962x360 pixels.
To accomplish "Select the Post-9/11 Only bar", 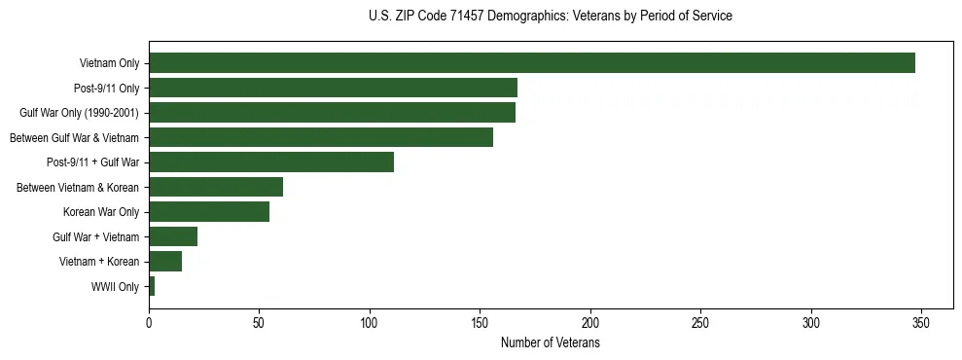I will [x=333, y=88].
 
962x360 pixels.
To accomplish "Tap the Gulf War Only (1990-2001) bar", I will [x=332, y=113].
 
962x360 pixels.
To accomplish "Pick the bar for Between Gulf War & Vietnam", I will [x=321, y=137].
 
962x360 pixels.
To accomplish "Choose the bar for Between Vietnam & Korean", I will [x=216, y=187].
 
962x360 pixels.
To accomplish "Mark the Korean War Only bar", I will [x=209, y=212].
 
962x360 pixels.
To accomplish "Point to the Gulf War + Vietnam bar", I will [x=173, y=236].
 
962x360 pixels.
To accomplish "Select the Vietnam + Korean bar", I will [x=165, y=261].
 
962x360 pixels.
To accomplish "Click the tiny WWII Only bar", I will [x=152, y=286].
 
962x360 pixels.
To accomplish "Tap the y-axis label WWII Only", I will [x=115, y=287].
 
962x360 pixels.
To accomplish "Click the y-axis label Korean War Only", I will [x=101, y=212].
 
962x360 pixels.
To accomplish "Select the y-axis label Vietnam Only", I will [x=109, y=64].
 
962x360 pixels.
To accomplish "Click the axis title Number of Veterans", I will [x=550, y=343].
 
